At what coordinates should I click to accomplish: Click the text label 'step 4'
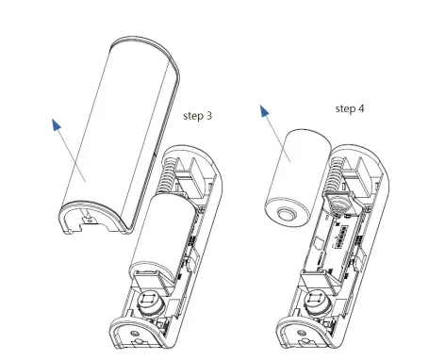[352, 107]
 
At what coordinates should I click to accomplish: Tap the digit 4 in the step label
[364, 107]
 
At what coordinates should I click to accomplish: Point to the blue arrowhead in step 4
[266, 115]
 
